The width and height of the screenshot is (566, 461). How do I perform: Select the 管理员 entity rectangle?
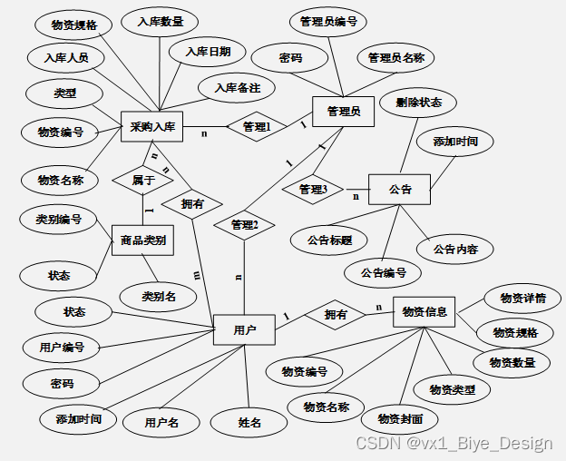click(x=343, y=111)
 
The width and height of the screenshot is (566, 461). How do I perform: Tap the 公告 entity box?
click(x=399, y=189)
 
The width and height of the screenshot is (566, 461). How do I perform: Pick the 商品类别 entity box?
click(x=142, y=240)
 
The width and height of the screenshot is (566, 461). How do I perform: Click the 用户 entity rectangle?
click(x=243, y=330)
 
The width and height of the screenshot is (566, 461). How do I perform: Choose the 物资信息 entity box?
click(x=424, y=311)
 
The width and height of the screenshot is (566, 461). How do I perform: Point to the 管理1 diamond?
click(x=257, y=127)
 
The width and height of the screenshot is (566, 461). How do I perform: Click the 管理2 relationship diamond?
click(x=244, y=224)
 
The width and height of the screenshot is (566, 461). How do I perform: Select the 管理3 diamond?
click(x=312, y=189)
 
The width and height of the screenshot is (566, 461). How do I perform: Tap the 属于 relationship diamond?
click(x=142, y=180)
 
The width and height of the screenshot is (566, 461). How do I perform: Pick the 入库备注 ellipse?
click(x=237, y=88)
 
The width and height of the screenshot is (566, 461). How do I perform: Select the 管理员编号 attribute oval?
click(x=327, y=22)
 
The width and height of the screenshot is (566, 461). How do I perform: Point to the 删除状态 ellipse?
click(x=418, y=103)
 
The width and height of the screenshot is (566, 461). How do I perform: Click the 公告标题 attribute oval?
click(x=329, y=240)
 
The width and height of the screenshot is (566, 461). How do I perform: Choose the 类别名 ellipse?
click(x=158, y=295)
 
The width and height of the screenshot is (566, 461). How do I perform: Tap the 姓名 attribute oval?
click(x=249, y=422)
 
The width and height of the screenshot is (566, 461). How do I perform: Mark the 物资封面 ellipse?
click(x=399, y=418)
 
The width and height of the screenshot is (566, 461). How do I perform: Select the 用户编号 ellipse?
click(x=62, y=347)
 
